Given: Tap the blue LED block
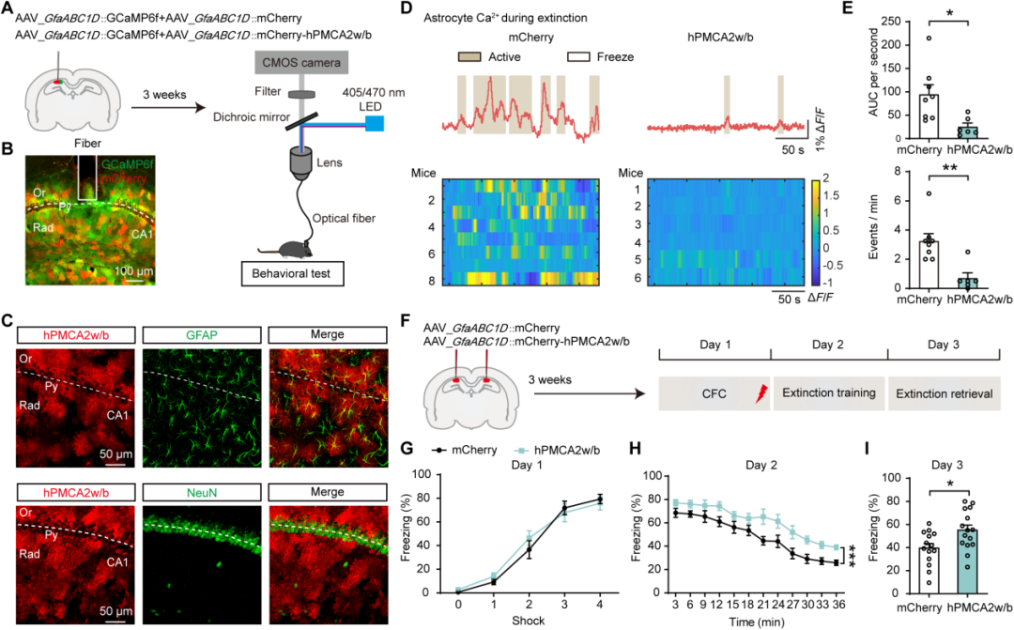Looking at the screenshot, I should (x=376, y=123).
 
